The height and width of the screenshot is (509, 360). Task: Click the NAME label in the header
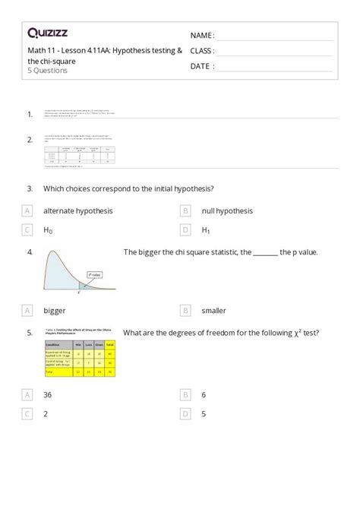click(201, 36)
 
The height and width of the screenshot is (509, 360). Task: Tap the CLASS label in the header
click(202, 51)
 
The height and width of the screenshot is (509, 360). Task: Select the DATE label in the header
click(201, 66)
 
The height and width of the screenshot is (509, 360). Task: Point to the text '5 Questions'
click(47, 71)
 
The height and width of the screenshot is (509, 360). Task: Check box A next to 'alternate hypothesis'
click(27, 210)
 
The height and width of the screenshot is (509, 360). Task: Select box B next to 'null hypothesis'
click(185, 210)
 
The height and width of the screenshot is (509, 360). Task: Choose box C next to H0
click(27, 229)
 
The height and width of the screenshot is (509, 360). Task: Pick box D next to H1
click(185, 229)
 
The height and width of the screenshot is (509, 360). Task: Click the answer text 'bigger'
click(55, 310)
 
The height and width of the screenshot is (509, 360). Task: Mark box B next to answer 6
click(185, 395)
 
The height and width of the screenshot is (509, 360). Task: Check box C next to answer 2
click(27, 414)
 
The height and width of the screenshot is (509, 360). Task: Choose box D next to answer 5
click(185, 414)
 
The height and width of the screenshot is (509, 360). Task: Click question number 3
click(30, 188)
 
